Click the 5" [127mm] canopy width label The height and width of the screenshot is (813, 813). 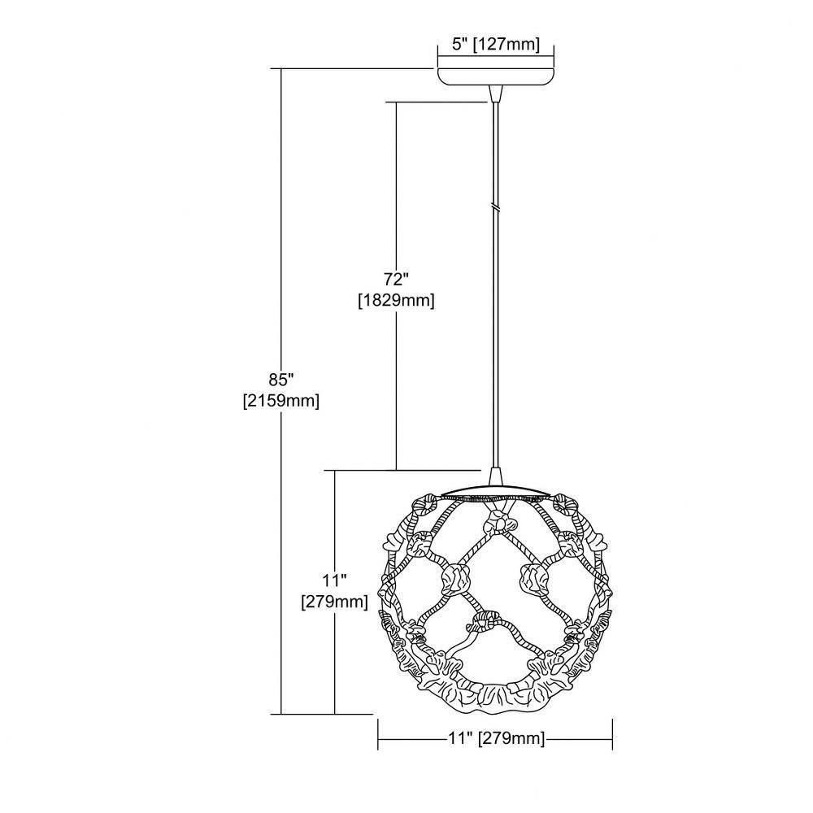pos(496,44)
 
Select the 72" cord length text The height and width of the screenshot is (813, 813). pos(397,280)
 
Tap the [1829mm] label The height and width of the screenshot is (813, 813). pos(396,300)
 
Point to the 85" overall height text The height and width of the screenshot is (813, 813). pos(281,380)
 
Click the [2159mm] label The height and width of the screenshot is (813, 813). pos(281,400)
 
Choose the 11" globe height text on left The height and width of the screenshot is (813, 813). pos(334,580)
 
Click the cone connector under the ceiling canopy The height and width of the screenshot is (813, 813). pos(496,94)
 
